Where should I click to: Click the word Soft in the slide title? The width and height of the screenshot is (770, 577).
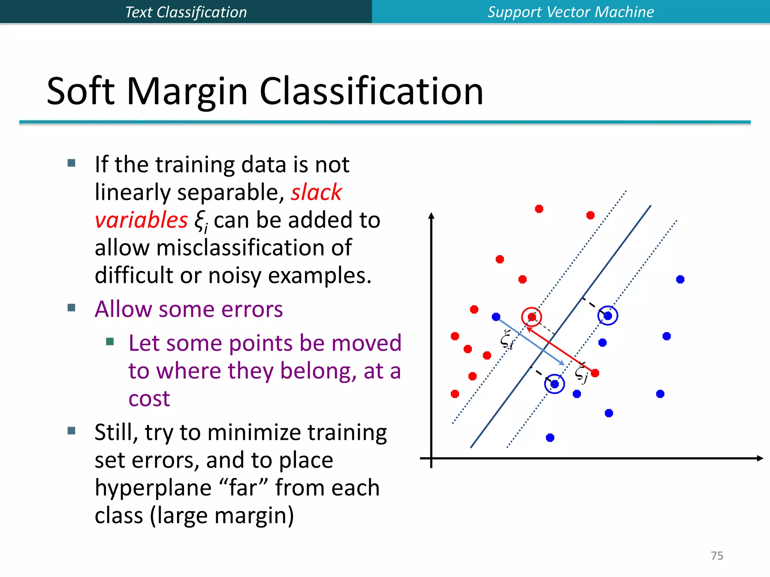coord(80,91)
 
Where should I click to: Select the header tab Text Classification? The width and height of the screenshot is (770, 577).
coord(186,12)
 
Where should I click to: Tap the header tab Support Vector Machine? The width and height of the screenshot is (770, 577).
coord(570,12)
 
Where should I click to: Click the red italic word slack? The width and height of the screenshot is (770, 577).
coord(316,192)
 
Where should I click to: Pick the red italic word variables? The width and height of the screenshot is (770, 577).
coord(141,220)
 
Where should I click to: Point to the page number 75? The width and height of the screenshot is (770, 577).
coord(717,556)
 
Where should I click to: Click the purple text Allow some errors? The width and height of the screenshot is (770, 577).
coord(189,309)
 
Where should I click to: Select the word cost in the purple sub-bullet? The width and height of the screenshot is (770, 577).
coord(149,399)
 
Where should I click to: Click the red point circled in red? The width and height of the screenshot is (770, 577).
coord(532,317)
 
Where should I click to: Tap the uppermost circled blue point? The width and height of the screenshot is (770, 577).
coord(608,316)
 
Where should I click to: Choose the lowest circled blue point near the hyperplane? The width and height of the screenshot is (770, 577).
coord(555,384)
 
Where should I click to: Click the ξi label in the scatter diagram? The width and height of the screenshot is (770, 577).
coord(506,339)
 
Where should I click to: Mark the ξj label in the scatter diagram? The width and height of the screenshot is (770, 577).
coord(581,373)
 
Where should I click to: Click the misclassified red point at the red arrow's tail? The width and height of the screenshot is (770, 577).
coord(595,373)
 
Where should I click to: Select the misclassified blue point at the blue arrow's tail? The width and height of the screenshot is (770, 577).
coord(496,317)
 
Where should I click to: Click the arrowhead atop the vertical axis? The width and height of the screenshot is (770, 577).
coord(431,216)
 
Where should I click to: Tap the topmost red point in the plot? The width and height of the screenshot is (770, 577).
coord(539,209)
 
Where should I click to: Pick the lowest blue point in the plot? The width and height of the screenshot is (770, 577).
coord(550,438)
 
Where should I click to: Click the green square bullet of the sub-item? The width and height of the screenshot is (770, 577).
coord(110,341)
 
